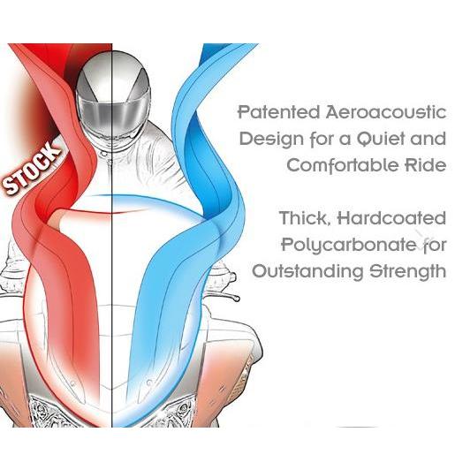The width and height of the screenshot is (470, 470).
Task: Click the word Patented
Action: point(279,112)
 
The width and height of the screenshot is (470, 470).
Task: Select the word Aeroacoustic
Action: point(386,112)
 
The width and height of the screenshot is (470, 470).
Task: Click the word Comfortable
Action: point(343,165)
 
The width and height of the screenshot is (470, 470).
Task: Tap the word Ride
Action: point(426,165)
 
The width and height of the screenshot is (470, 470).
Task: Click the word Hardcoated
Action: point(392,218)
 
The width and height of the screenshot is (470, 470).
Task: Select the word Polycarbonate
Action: point(349,246)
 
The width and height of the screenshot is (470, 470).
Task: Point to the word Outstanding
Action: point(307,271)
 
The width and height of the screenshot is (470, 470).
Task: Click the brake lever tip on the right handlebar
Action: point(237,299)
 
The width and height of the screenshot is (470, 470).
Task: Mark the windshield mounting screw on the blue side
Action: point(148,383)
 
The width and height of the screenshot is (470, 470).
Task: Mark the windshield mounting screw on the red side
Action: point(72,383)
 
